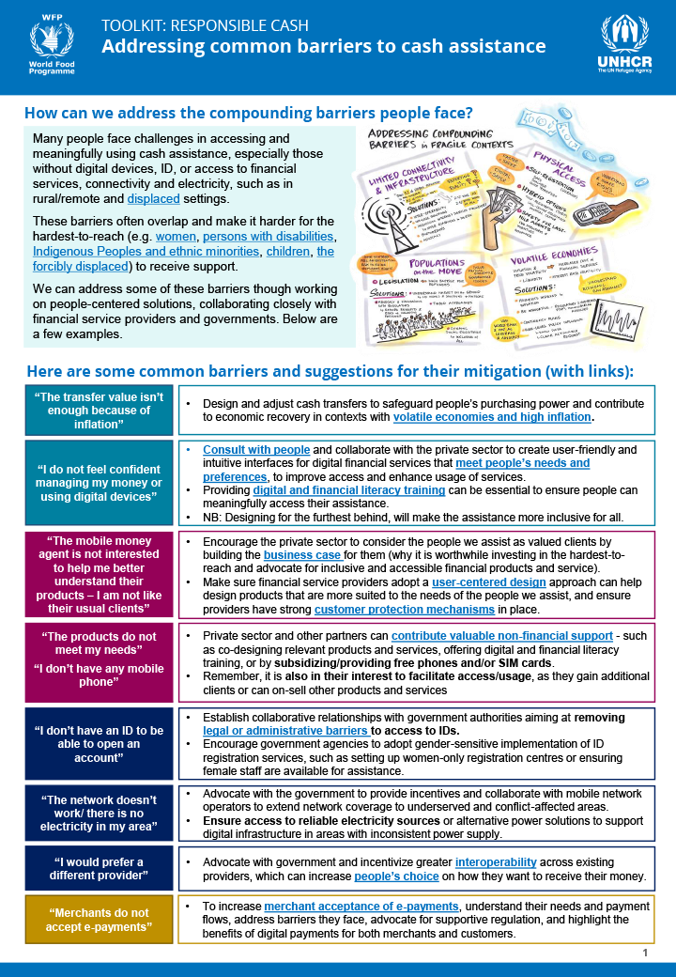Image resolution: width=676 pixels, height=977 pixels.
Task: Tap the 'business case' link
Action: tap(303, 555)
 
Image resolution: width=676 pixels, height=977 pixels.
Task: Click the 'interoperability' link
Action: tap(496, 862)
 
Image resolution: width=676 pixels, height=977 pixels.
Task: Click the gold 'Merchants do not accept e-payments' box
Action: tap(99, 919)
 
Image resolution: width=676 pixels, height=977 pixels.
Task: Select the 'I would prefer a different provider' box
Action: tap(99, 869)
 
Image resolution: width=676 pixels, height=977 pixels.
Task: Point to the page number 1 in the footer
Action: tap(646, 953)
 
